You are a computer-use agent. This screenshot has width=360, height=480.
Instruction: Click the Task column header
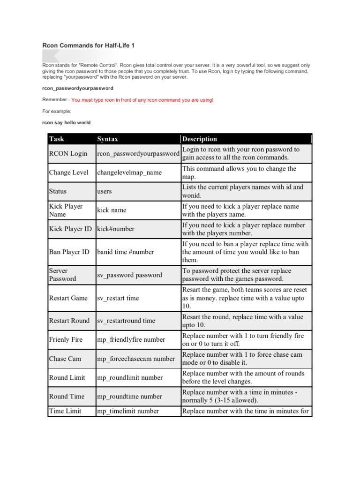(57, 139)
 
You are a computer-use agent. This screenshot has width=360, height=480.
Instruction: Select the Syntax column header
(107, 139)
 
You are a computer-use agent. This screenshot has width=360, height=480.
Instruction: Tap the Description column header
(200, 139)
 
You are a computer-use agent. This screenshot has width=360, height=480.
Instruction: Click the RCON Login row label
(68, 154)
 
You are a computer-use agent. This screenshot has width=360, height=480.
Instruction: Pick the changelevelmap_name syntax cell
(129, 172)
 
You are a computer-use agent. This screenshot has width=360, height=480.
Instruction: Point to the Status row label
(58, 191)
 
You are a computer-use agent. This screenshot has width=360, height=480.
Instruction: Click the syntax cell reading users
(105, 191)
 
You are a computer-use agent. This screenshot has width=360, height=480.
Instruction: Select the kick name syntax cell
(112, 210)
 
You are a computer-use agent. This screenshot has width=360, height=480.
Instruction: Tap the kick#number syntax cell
(116, 229)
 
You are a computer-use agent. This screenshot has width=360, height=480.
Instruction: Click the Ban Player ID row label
(69, 252)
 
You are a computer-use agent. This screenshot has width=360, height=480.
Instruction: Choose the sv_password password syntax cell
(129, 275)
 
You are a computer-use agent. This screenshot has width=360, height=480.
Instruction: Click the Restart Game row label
(68, 298)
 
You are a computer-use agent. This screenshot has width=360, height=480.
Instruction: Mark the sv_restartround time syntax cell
(126, 321)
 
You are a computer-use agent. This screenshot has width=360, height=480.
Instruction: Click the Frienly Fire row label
(66, 339)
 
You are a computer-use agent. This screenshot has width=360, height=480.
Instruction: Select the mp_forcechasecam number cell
(135, 359)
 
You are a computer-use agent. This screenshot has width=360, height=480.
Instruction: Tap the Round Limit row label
(67, 377)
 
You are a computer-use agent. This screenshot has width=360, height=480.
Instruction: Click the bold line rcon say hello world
(67, 122)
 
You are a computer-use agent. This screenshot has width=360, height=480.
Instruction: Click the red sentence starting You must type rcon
(142, 100)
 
